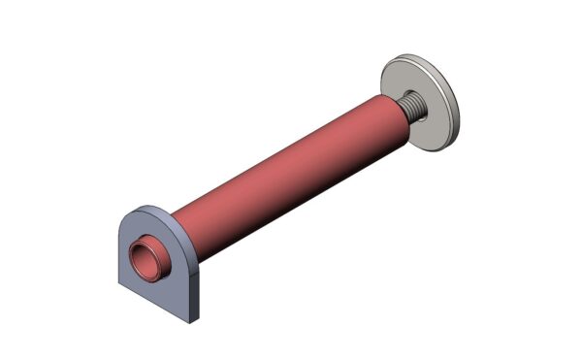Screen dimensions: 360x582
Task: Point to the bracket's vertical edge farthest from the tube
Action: tap(119, 254)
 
